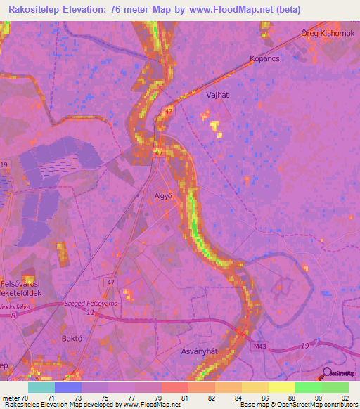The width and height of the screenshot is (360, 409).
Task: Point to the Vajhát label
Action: (x=217, y=93)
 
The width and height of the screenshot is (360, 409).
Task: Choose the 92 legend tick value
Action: (x=345, y=397)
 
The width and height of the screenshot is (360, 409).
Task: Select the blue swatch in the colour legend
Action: (x=67, y=387)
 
